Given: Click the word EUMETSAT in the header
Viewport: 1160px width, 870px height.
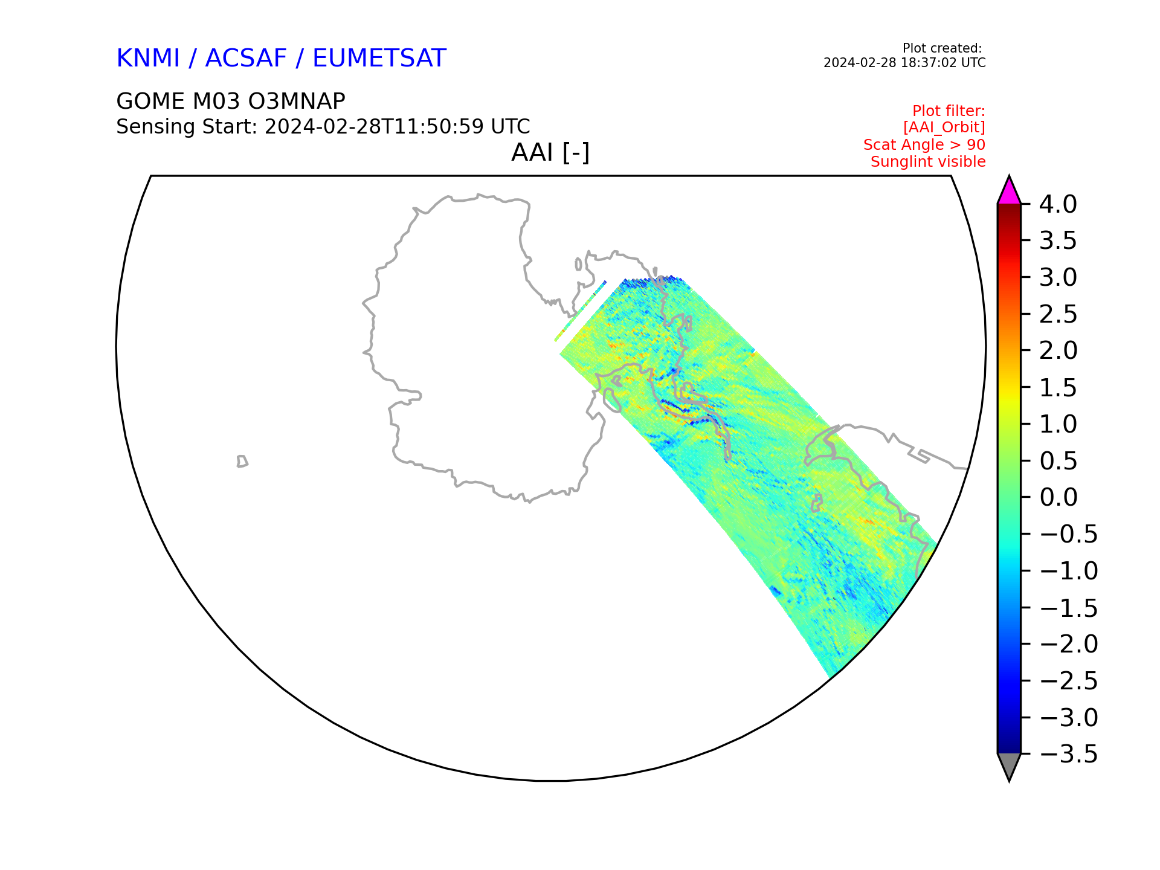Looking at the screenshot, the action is click(379, 58).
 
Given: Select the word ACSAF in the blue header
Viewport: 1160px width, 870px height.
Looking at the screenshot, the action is click(246, 58).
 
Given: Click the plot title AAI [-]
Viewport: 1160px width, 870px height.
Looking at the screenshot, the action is click(550, 152).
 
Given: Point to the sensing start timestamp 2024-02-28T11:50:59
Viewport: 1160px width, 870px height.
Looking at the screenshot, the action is click(374, 127).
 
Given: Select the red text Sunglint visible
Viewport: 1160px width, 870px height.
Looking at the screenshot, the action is click(928, 162).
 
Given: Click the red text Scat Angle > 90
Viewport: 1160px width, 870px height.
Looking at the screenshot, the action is click(924, 145).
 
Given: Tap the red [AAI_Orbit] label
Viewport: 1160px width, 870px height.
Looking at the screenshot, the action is click(944, 128).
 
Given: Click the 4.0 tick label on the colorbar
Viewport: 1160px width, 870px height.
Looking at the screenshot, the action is click(1058, 205).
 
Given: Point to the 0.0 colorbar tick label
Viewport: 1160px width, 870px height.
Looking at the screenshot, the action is click(1058, 498).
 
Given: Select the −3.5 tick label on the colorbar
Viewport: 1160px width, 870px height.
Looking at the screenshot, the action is click(1068, 754).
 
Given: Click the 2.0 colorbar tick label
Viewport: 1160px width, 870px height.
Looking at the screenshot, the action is click(1058, 351).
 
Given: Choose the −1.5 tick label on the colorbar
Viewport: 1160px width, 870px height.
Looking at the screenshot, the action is click(1068, 608).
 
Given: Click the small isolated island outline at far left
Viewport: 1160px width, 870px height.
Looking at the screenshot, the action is click(242, 462).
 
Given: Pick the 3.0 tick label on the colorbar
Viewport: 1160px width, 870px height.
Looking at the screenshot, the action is click(1058, 278).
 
